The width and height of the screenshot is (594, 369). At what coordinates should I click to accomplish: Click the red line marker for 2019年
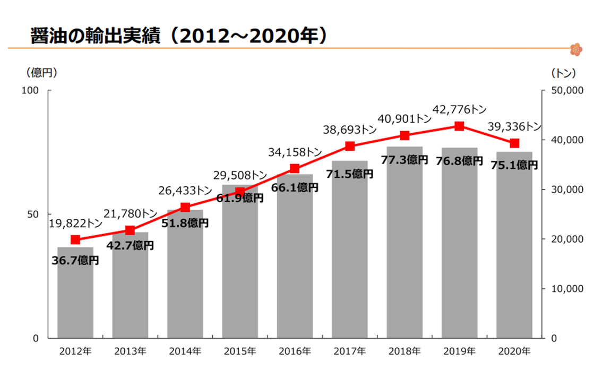[459, 126]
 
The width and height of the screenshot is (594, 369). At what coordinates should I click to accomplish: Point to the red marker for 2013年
[130, 230]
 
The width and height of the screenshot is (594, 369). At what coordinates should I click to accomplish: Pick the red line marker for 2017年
[349, 146]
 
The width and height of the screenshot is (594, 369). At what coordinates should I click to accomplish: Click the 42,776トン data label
[459, 110]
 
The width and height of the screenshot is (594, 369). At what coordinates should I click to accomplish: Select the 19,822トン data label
[75, 224]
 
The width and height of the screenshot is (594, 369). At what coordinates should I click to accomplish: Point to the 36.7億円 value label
[75, 260]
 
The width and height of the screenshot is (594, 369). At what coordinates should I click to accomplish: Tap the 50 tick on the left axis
[33, 214]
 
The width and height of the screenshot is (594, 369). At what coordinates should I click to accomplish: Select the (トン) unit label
[563, 72]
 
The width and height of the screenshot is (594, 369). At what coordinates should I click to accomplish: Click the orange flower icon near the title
[575, 49]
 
